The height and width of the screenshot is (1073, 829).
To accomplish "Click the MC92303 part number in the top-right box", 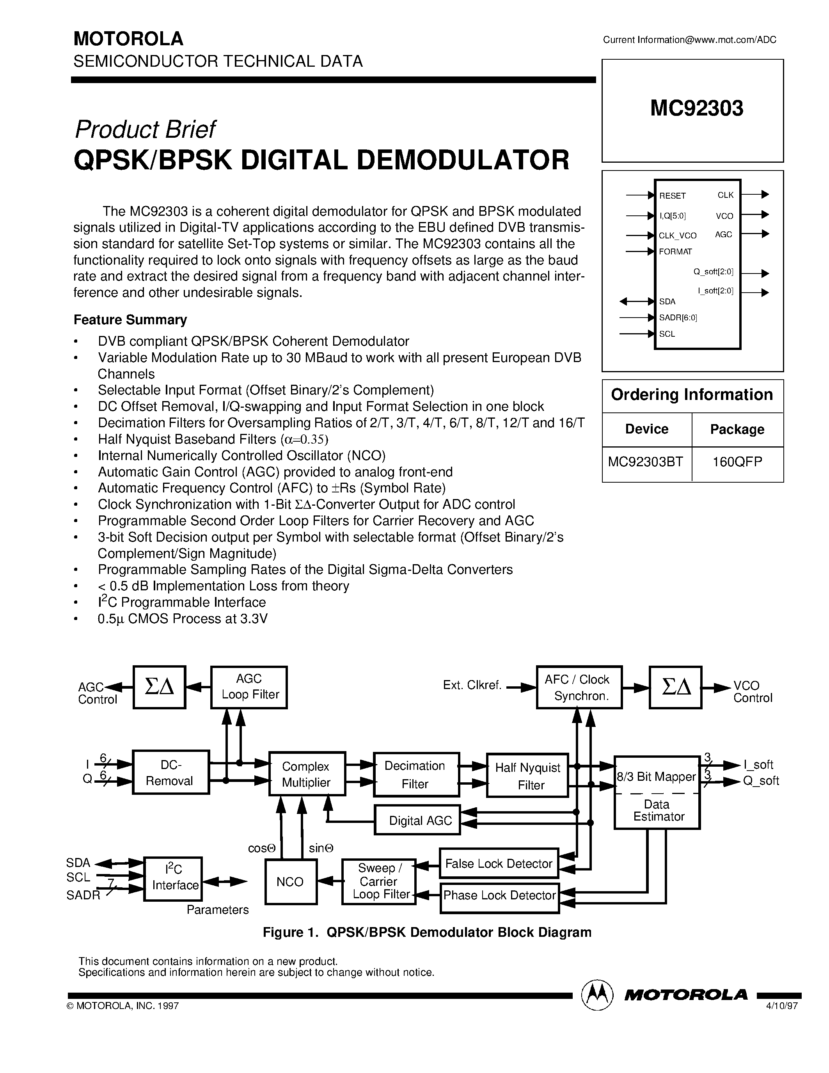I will tap(696, 108).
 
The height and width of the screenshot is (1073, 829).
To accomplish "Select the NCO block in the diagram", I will tap(290, 882).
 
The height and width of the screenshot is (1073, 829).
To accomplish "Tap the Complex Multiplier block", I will tap(307, 774).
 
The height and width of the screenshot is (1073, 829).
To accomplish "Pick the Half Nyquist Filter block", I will tap(527, 776).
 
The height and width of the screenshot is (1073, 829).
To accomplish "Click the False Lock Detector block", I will tap(499, 863).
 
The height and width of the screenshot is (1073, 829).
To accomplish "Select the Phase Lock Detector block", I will tap(499, 895).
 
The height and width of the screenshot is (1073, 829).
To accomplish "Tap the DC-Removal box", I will tap(170, 772).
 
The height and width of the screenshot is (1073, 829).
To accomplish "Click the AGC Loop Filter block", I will tap(249, 687).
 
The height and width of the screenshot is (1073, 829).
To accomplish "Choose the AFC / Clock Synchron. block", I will tap(579, 687).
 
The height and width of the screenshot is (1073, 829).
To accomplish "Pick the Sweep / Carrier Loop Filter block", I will tap(379, 881).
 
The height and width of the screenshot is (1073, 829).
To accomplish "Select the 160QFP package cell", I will tap(737, 462).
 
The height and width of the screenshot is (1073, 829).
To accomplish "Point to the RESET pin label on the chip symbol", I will tap(672, 195).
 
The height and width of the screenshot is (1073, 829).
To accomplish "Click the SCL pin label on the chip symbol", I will tap(667, 334).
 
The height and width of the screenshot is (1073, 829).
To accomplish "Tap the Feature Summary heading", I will tap(130, 320).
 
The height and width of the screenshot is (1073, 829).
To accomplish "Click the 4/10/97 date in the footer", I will tap(782, 1005).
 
